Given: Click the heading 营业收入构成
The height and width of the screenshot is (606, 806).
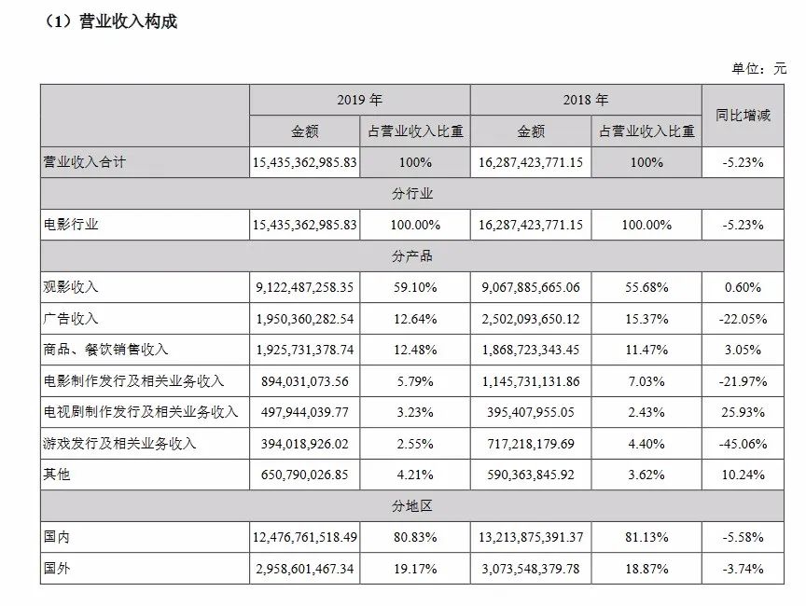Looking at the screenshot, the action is (x=128, y=21).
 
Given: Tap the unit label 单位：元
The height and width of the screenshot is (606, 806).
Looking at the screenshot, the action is (x=759, y=68).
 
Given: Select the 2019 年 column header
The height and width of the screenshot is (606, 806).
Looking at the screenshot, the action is (x=359, y=100).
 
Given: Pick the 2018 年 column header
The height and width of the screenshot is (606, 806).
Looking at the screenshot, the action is (x=586, y=100).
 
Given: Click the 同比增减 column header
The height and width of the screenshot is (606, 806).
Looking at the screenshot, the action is (x=743, y=115).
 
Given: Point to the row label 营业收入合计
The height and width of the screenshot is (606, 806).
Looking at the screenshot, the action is (x=84, y=162).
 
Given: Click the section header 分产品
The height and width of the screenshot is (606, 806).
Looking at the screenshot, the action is (x=411, y=255).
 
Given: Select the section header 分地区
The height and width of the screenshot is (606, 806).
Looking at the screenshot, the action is (x=411, y=506).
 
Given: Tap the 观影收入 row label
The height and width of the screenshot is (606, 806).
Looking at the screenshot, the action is (x=70, y=286).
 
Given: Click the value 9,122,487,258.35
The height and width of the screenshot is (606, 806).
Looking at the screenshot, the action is (x=304, y=287).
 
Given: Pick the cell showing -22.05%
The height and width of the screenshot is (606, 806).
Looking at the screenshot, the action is (x=743, y=319).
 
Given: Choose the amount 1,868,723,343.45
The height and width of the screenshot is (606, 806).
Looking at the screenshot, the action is (x=531, y=350).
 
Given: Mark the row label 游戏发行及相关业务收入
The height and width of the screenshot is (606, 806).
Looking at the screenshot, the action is (x=119, y=443).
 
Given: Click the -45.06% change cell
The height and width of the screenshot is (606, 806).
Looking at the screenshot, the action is (x=743, y=444).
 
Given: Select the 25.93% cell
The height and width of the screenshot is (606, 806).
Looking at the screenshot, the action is (x=743, y=412).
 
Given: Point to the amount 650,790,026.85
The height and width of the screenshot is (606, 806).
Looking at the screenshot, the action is (x=304, y=475).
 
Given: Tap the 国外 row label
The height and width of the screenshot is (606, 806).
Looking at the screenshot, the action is (x=57, y=568).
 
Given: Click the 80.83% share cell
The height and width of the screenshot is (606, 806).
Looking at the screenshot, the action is (x=415, y=537).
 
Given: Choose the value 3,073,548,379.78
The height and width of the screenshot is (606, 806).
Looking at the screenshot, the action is (x=531, y=569).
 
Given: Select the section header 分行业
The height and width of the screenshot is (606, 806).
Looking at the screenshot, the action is (x=411, y=194).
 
